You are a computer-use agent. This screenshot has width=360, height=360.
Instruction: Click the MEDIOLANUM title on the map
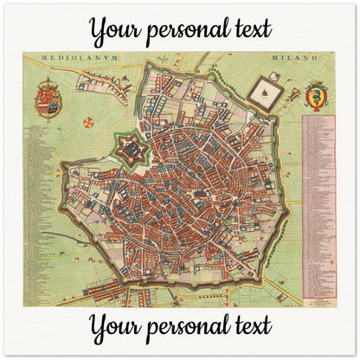[73, 61]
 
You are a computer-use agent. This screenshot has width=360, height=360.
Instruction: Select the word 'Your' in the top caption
[118, 30]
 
